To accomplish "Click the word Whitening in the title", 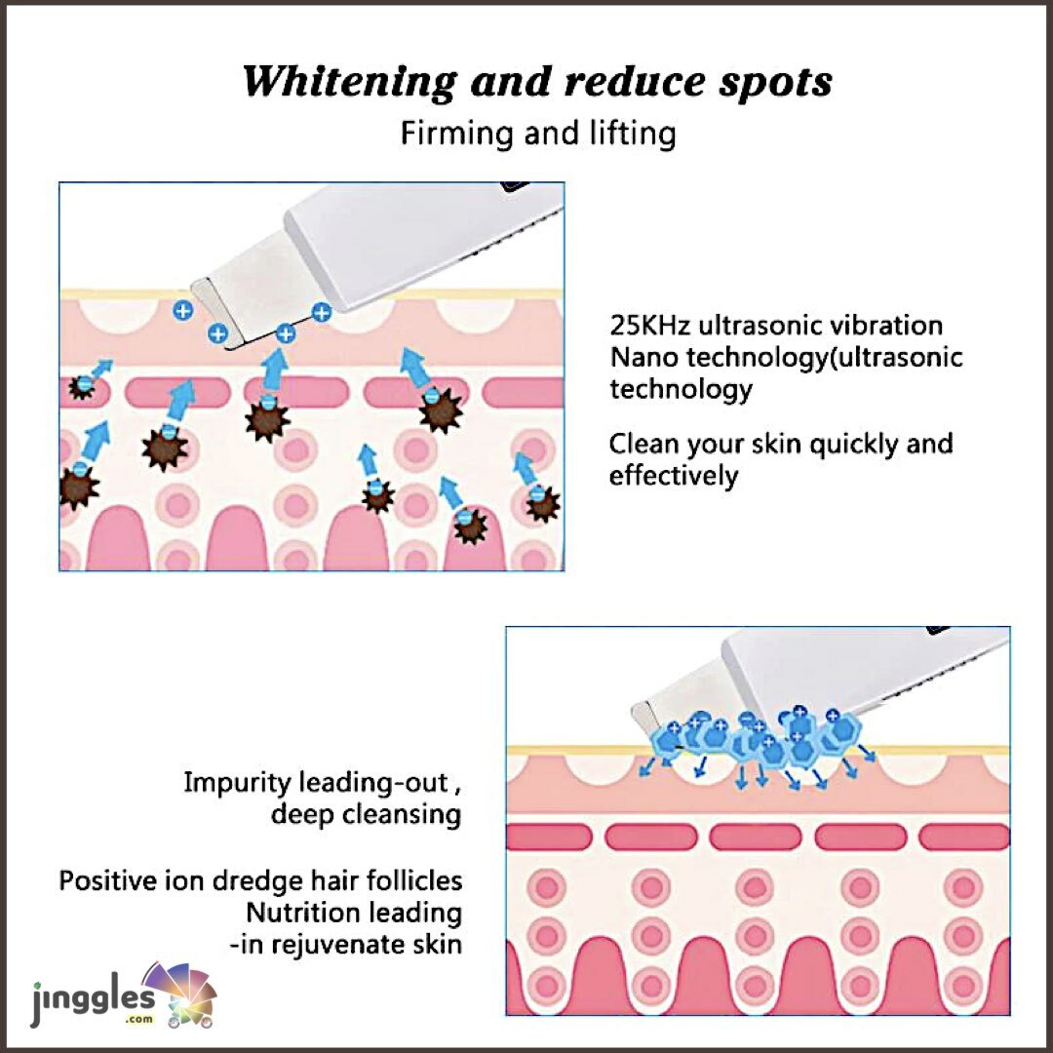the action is click(348, 82).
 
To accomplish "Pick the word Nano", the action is click(643, 357).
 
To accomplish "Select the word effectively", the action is click(674, 476).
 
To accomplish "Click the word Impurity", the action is click(237, 782).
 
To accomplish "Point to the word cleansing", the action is click(402, 814).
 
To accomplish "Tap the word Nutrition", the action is click(298, 913).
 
